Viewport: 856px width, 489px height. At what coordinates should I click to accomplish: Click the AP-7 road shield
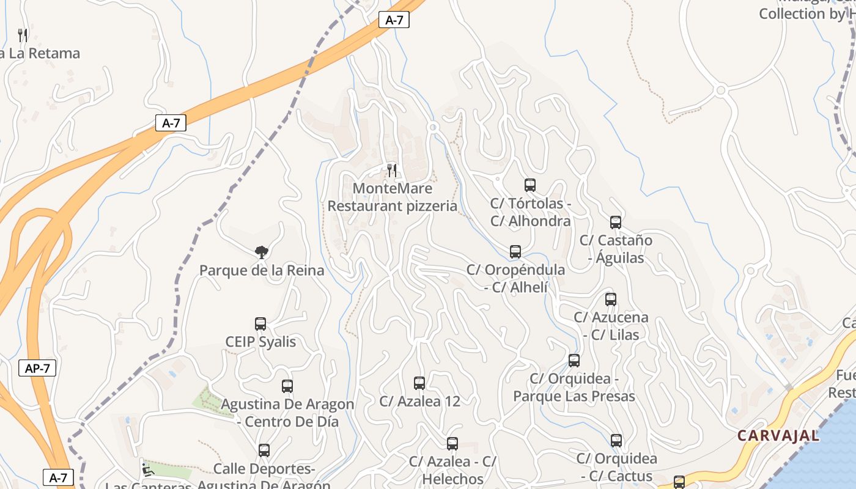[37, 368]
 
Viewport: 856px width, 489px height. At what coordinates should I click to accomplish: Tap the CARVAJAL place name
[778, 436]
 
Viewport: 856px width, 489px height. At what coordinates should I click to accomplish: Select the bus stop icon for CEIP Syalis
[260, 324]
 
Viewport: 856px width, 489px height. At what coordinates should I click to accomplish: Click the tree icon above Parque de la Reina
[262, 252]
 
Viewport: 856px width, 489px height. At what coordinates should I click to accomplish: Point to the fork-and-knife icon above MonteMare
[393, 170]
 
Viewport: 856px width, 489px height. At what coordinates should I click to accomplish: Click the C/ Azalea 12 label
[419, 401]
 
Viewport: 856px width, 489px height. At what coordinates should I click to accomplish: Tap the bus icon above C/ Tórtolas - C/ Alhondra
[530, 185]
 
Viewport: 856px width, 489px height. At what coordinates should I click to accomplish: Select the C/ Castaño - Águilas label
[616, 249]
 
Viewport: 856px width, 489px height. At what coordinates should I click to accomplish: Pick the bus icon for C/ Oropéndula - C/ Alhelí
[515, 251]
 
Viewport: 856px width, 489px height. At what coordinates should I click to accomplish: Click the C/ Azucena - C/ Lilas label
[611, 326]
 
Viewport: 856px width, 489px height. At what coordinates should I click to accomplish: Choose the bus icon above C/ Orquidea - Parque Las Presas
[574, 361]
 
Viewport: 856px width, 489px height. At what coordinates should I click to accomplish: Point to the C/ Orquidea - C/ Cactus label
[616, 467]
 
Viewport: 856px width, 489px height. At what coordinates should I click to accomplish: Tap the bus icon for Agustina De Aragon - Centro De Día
[287, 386]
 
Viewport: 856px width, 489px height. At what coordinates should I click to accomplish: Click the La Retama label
[40, 53]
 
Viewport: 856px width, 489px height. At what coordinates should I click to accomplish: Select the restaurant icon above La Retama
[23, 35]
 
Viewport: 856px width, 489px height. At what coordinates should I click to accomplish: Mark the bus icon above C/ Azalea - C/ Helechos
[452, 444]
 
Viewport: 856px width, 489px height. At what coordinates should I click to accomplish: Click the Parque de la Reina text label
[262, 270]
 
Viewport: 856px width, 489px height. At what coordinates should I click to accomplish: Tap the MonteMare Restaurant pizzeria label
[393, 197]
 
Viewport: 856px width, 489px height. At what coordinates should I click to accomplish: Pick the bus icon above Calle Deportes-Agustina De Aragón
[264, 450]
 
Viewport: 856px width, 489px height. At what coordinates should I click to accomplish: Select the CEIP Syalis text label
[260, 342]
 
